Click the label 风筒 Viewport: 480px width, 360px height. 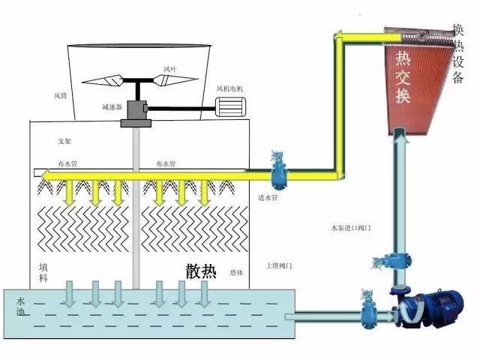click(61, 96)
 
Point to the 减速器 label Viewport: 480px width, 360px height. click(111, 106)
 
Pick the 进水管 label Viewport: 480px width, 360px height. click(268, 199)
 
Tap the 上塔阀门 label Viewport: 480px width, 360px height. click(278, 265)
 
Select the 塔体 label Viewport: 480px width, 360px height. click(235, 272)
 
